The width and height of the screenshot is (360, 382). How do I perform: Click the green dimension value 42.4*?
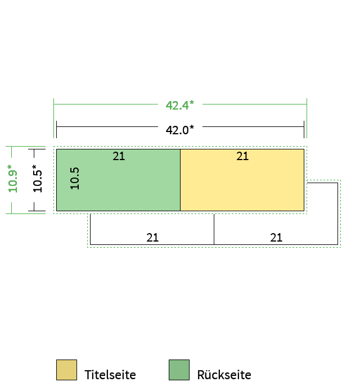click(180, 105)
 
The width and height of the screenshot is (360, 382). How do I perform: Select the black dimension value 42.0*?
click(180, 130)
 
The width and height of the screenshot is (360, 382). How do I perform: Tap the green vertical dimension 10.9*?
click(13, 179)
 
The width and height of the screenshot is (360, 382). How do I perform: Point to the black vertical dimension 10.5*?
click(37, 179)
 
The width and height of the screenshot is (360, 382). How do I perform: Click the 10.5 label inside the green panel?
click(75, 178)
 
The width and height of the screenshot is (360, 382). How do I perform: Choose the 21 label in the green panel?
click(119, 156)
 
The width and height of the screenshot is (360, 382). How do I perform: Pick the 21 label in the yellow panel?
click(242, 156)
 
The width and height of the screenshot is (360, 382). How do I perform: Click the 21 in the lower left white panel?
click(152, 238)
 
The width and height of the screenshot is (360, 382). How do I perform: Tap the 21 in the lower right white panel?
click(276, 238)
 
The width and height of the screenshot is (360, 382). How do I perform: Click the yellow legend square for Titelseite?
click(66, 370)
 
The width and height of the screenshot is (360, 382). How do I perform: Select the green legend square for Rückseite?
click(179, 370)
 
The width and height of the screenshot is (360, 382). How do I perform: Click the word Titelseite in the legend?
click(110, 375)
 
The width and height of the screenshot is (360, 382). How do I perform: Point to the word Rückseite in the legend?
click(224, 375)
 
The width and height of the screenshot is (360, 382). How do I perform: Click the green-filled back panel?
click(118, 185)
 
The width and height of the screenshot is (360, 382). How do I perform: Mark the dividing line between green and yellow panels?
click(180, 180)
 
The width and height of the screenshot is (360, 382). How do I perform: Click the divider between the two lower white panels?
click(214, 229)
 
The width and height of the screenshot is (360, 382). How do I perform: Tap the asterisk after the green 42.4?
click(191, 102)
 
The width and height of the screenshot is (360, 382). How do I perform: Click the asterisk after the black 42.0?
click(191, 127)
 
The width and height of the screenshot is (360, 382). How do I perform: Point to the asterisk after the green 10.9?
click(10, 167)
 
